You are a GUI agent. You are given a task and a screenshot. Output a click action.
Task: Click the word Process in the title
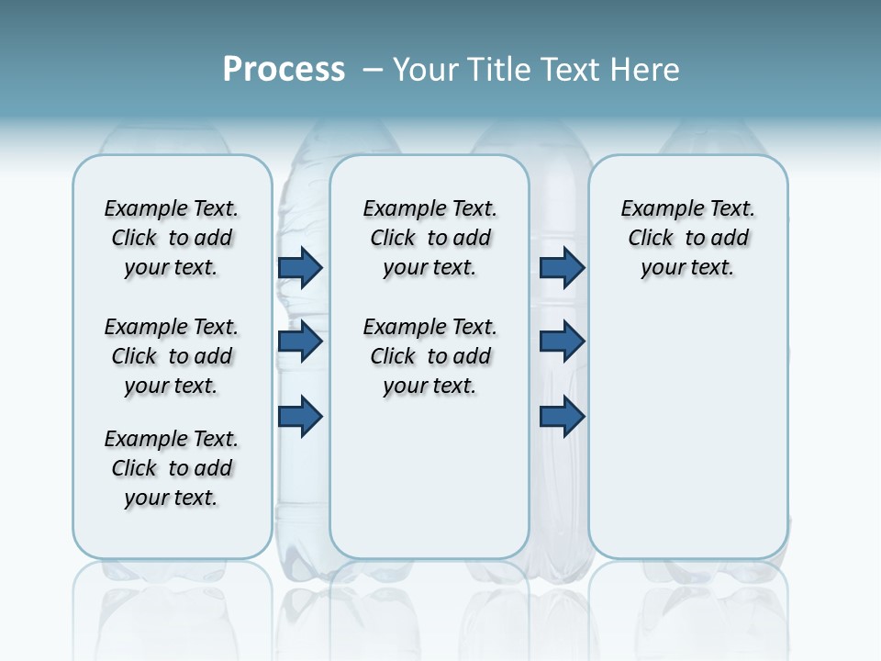tap(284, 70)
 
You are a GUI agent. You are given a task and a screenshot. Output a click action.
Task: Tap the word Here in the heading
tap(647, 70)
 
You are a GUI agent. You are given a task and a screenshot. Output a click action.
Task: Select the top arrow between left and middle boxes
tap(300, 267)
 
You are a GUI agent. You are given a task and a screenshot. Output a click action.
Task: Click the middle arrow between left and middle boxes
tap(300, 342)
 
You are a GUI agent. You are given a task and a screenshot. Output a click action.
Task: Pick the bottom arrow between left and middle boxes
tap(300, 416)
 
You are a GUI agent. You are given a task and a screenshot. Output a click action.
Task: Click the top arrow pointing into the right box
tap(562, 267)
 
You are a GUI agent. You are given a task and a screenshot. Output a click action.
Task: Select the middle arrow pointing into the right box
tap(562, 342)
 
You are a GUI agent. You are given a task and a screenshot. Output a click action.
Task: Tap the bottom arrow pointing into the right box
tap(562, 416)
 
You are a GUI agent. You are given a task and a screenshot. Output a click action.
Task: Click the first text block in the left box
tap(172, 238)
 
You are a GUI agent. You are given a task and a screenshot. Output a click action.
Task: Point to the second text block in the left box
tap(172, 356)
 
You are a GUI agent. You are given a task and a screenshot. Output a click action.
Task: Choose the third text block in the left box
tap(172, 468)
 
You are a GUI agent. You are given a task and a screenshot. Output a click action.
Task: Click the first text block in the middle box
tap(429, 238)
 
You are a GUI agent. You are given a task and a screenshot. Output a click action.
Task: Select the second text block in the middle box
tap(429, 356)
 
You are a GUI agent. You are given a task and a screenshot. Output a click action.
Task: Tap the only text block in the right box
tap(688, 238)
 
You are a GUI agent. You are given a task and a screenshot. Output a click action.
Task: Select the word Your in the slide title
tap(424, 70)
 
